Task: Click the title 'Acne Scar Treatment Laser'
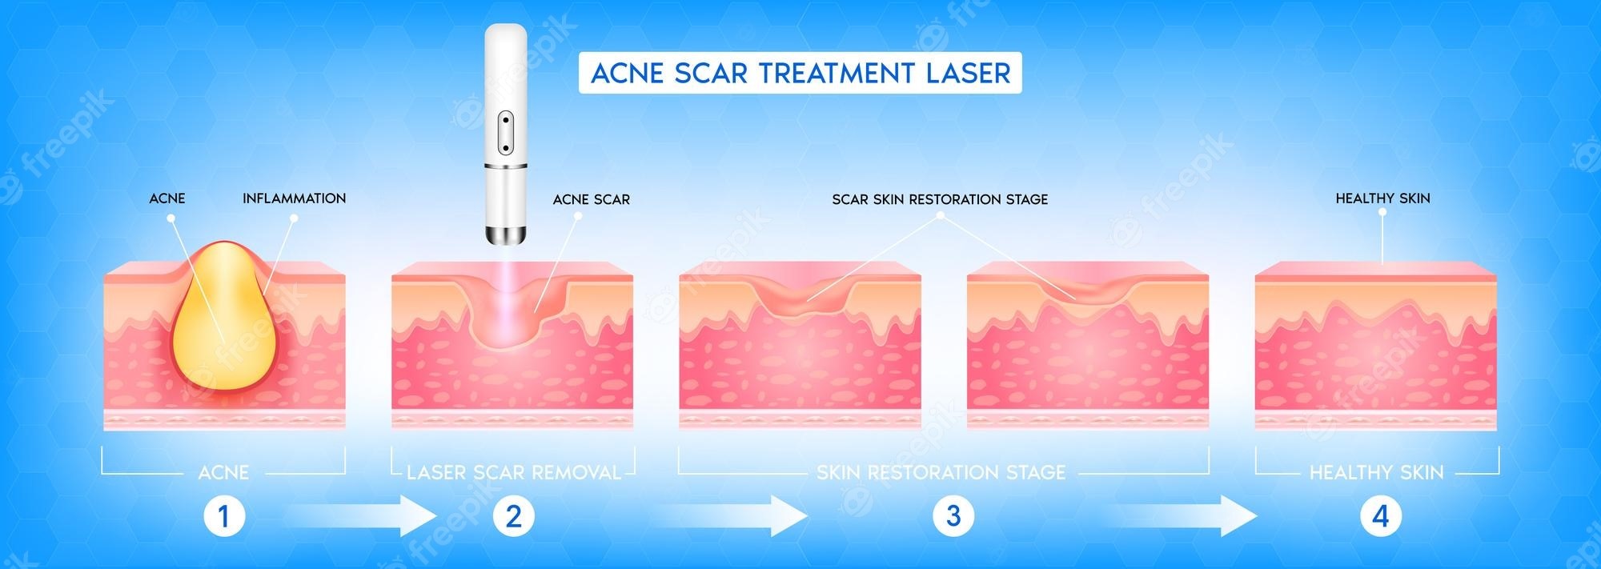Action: (800, 74)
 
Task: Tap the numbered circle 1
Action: (223, 516)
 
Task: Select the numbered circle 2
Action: (513, 516)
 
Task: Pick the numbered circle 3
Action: (953, 516)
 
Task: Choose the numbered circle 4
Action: (1380, 516)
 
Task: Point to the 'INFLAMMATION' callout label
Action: (294, 198)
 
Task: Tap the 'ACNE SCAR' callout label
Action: (591, 199)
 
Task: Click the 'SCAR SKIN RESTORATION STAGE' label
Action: (940, 199)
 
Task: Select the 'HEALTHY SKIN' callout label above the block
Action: (1382, 198)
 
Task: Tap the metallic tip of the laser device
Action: (505, 234)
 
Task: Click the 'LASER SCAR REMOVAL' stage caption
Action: (513, 472)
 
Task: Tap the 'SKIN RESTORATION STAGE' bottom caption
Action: (941, 472)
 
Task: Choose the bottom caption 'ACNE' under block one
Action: (223, 472)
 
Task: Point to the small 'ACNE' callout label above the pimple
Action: (167, 198)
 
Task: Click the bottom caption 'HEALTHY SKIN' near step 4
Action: (1376, 472)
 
